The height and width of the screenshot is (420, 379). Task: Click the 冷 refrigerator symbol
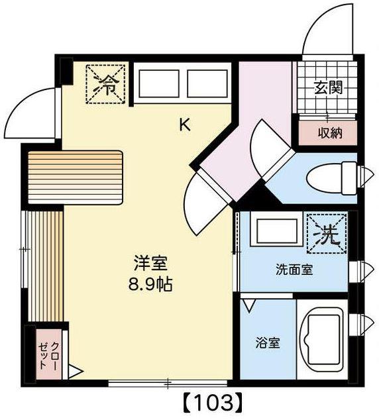click(x=105, y=83)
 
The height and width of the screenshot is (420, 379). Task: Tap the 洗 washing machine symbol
click(x=327, y=234)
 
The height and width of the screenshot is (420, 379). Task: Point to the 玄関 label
click(x=329, y=88)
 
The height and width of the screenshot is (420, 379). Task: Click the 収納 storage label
click(x=330, y=133)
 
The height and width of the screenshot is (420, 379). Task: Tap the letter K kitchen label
click(x=185, y=125)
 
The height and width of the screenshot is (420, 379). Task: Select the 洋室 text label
click(x=150, y=263)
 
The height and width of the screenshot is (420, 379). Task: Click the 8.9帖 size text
click(x=150, y=284)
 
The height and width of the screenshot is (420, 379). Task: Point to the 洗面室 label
click(x=294, y=270)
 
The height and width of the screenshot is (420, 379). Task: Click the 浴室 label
click(x=268, y=343)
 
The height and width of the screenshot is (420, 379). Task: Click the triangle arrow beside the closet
click(x=76, y=372)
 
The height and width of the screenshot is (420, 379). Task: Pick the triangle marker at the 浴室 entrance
click(x=248, y=306)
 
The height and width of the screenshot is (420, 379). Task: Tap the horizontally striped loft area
click(x=76, y=177)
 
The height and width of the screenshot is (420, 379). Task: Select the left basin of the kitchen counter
click(x=159, y=83)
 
